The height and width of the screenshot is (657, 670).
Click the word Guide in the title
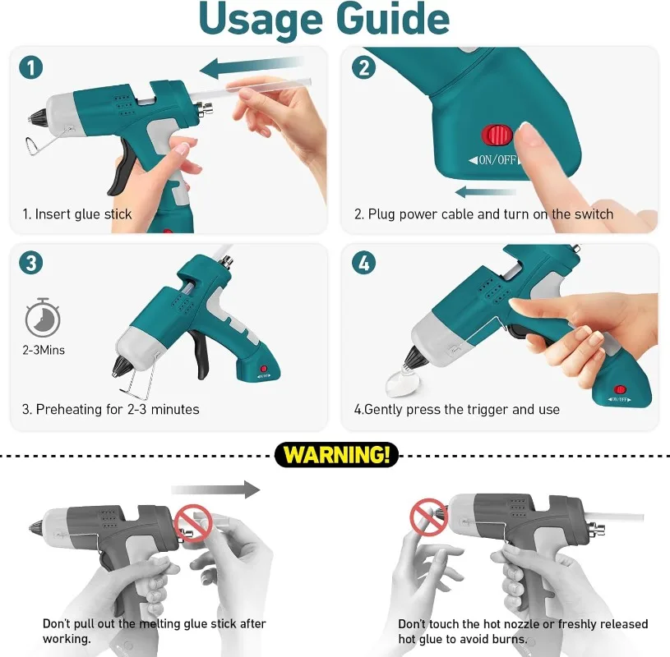click(x=393, y=18)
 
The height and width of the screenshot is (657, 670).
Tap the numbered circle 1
click(x=30, y=67)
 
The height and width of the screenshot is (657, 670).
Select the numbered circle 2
click(x=363, y=67)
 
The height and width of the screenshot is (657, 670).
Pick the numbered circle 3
click(x=30, y=263)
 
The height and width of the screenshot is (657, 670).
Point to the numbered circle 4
click(x=363, y=263)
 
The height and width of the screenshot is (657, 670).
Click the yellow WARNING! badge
click(x=337, y=455)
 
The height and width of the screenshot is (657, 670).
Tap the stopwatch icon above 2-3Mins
click(x=42, y=318)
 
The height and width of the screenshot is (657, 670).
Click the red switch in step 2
click(x=497, y=135)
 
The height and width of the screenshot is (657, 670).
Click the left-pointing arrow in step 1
click(x=252, y=67)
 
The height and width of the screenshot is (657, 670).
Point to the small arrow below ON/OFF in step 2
click(x=485, y=192)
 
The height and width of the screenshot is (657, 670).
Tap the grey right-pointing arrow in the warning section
click(x=215, y=489)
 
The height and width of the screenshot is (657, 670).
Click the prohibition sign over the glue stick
click(x=192, y=523)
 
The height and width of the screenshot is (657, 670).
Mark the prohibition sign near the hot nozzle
click(x=428, y=517)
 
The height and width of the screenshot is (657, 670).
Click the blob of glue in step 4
click(x=402, y=381)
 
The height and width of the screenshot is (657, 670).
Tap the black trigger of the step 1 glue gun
click(x=122, y=168)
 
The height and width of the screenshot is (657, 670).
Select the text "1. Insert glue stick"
click(x=77, y=214)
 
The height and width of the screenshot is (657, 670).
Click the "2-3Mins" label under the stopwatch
click(x=44, y=350)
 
